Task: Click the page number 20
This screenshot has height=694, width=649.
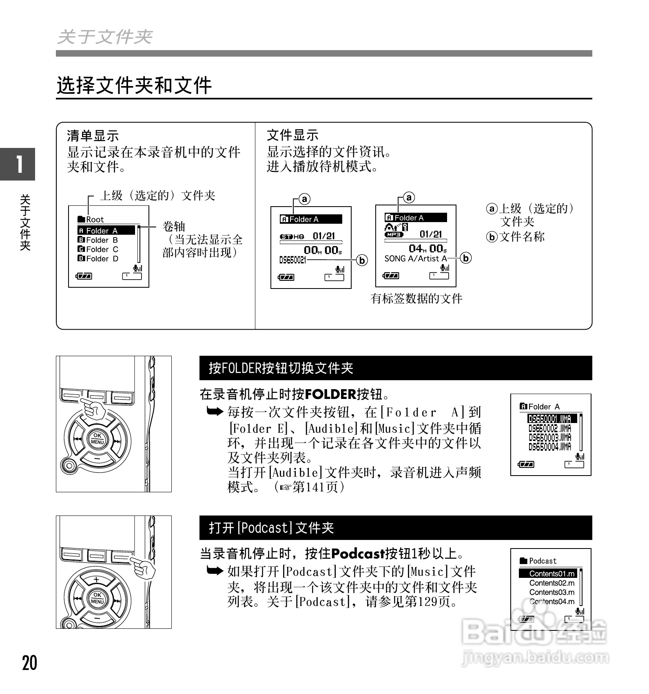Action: [29, 663]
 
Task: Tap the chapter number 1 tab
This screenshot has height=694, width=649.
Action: [18, 164]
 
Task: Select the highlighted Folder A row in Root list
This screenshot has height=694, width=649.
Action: [106, 231]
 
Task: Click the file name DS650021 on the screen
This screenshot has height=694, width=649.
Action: [292, 260]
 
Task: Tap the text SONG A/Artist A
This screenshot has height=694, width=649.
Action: [415, 258]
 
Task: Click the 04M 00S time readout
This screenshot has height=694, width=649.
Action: [427, 249]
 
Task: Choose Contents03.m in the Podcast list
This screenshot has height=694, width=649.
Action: [552, 593]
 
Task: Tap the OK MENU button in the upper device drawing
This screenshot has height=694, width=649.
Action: [97, 439]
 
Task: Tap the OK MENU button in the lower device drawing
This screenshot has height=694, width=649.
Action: [97, 598]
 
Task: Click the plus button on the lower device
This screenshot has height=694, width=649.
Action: [96, 579]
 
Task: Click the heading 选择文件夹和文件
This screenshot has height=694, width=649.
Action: [134, 86]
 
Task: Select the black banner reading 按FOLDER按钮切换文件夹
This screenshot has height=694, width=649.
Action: [395, 368]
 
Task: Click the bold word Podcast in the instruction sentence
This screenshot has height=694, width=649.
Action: [358, 554]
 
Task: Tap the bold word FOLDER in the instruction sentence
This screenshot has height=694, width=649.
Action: [330, 394]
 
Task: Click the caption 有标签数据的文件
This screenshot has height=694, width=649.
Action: [416, 299]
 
